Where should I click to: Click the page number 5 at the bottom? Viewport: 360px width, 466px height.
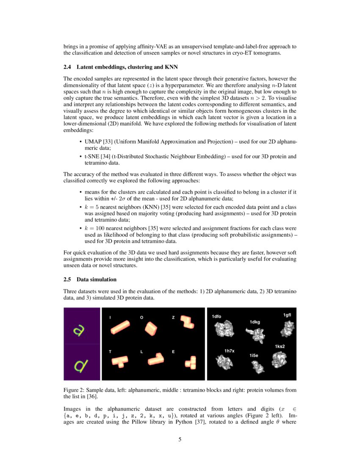coord(180,440)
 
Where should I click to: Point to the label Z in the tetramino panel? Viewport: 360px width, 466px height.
coord(173,317)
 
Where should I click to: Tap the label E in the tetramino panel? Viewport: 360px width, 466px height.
coord(173,352)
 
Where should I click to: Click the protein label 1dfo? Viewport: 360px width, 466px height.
coord(216,316)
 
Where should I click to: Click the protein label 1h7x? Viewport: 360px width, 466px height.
coord(229,351)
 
